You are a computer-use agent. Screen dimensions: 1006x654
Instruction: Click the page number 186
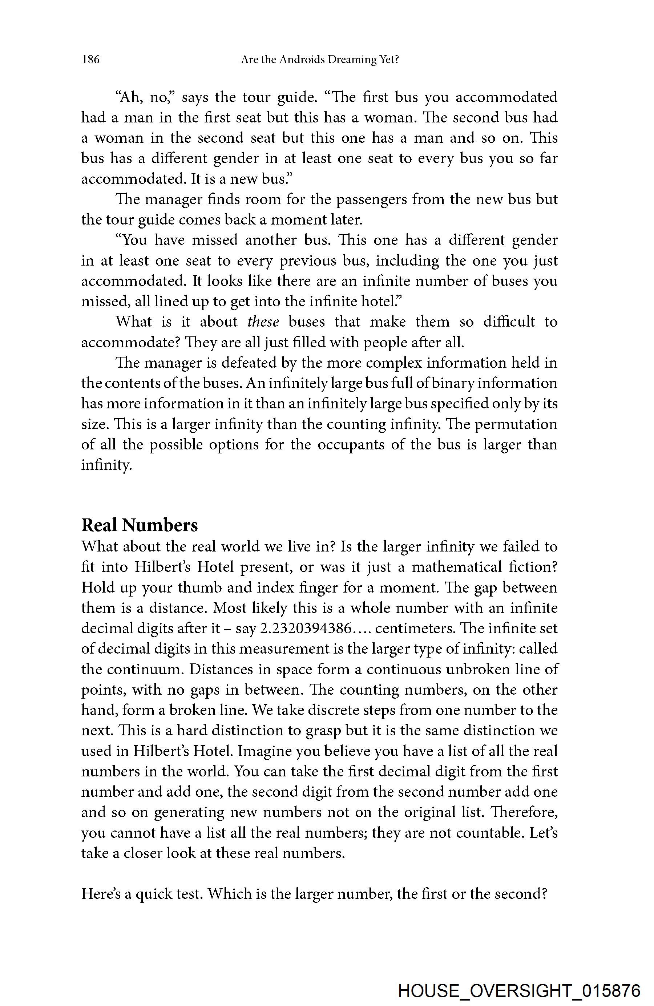coord(90,60)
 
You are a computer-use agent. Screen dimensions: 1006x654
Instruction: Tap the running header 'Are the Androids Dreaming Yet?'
coord(320,60)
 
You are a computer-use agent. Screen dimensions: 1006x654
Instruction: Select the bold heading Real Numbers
coord(140,525)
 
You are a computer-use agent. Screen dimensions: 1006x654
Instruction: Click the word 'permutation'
coord(516,424)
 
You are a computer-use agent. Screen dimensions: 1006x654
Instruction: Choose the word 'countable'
coord(488,833)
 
